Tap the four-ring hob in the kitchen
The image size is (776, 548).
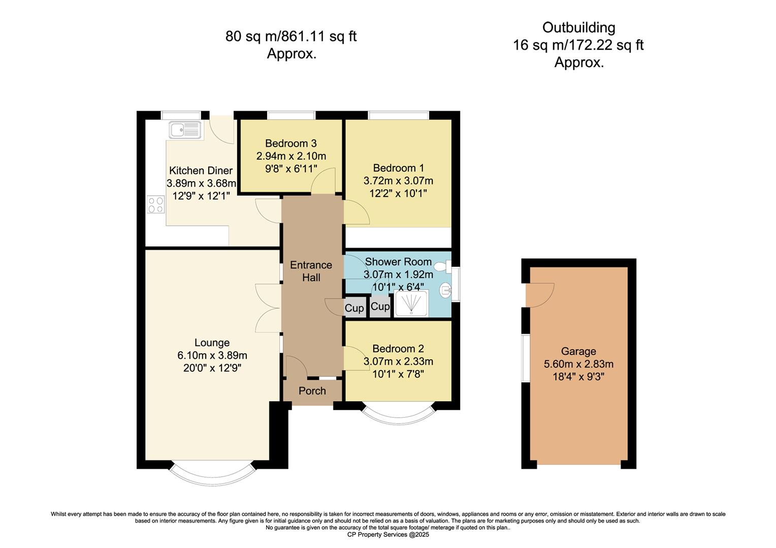click(156, 204)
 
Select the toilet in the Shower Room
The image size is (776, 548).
click(440, 266)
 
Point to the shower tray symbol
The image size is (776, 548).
click(411, 303)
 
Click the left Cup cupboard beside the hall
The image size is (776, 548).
click(354, 308)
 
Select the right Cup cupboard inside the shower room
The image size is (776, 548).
click(380, 306)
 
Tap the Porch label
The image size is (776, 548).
click(312, 391)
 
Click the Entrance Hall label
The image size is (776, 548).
click(311, 271)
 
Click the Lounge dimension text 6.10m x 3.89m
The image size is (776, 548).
click(212, 355)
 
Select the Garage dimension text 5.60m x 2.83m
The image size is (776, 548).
click(578, 364)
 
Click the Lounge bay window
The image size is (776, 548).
click(212, 473)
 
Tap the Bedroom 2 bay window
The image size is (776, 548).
click(398, 414)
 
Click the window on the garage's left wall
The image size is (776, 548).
click(526, 357)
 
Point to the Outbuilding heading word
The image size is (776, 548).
click(578, 27)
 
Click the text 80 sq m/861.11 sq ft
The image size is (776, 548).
click(291, 37)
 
